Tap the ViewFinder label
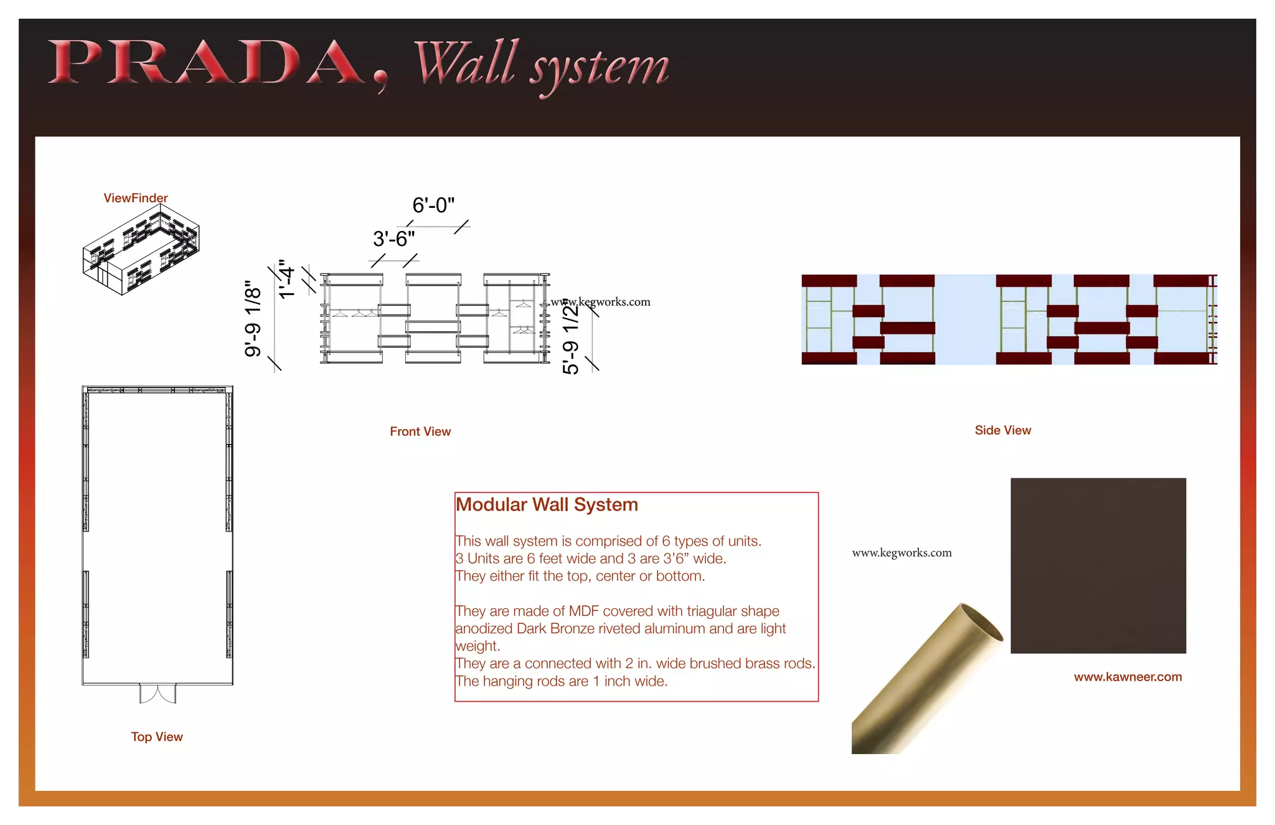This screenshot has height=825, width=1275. [135, 198]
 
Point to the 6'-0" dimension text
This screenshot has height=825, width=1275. [433, 205]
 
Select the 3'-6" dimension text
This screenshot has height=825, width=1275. [393, 238]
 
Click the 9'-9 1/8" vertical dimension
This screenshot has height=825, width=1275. [253, 319]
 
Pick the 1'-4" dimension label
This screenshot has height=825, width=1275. [286, 280]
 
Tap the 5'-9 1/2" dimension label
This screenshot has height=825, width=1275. [570, 336]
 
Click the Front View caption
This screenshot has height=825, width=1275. [420, 431]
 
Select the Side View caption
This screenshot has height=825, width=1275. [1002, 430]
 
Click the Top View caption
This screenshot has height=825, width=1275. [157, 737]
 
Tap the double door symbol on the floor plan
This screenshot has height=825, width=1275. [158, 693]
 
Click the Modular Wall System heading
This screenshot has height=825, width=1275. [547, 504]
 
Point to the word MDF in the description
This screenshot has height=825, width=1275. [583, 611]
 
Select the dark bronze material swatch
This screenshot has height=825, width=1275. [1098, 565]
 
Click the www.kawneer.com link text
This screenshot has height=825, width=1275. [1127, 677]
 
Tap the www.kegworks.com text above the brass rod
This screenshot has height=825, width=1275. [901, 553]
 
